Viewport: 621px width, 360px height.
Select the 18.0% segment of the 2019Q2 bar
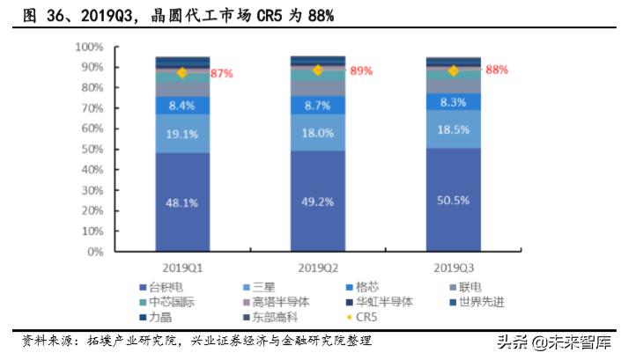pyautogui.click(x=318, y=132)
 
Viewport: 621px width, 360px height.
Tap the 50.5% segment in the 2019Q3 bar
pyautogui.click(x=453, y=199)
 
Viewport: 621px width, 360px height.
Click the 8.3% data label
pyautogui.click(x=453, y=103)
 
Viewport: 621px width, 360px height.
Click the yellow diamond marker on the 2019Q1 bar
pyautogui.click(x=182, y=73)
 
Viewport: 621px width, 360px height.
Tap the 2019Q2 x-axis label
pyautogui.click(x=318, y=265)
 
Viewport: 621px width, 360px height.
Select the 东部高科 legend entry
pyautogui.click(x=295, y=317)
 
